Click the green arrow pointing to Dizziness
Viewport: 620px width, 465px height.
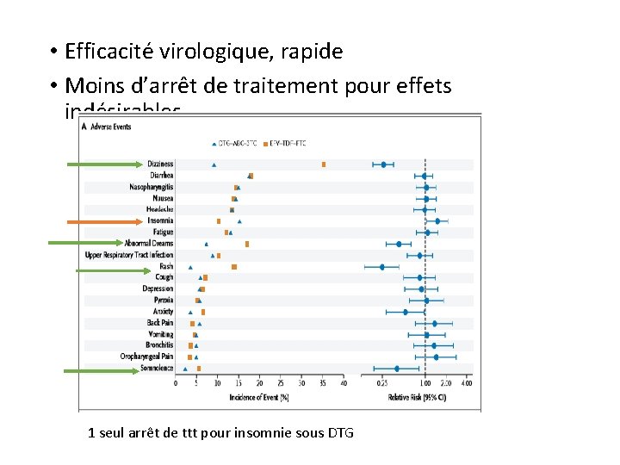click(102, 164)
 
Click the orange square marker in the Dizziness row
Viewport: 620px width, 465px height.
click(323, 164)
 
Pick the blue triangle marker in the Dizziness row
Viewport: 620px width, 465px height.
click(214, 164)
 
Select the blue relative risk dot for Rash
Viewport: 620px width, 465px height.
click(382, 266)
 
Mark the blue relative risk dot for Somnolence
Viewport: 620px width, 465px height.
click(396, 369)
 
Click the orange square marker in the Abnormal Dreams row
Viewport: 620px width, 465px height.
click(247, 244)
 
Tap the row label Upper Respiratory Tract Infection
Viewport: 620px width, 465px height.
click(129, 255)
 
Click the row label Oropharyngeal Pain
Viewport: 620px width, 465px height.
click(146, 356)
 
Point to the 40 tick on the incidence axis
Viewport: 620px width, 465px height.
click(343, 383)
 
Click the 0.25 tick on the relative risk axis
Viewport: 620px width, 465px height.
click(382, 383)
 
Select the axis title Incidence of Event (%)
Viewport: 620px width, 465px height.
click(258, 397)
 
